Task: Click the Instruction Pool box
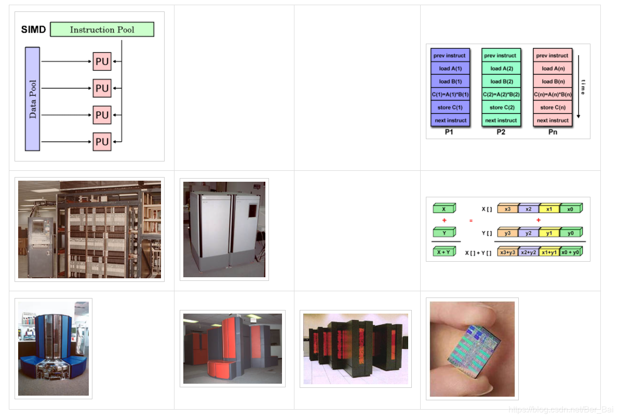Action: (102, 30)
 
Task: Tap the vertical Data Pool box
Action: (33, 99)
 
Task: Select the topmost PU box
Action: (102, 62)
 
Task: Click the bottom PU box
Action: (102, 141)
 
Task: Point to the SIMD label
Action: (34, 30)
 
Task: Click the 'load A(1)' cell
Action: (450, 69)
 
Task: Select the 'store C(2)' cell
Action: (501, 107)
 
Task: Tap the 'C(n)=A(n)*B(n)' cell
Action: (553, 94)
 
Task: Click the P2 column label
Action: (501, 132)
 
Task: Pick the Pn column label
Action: (553, 132)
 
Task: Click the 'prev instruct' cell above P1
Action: (450, 56)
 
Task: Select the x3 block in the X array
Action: (507, 209)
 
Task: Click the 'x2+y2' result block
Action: (528, 252)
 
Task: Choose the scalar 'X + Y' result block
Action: (444, 252)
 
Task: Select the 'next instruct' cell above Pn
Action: (553, 120)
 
